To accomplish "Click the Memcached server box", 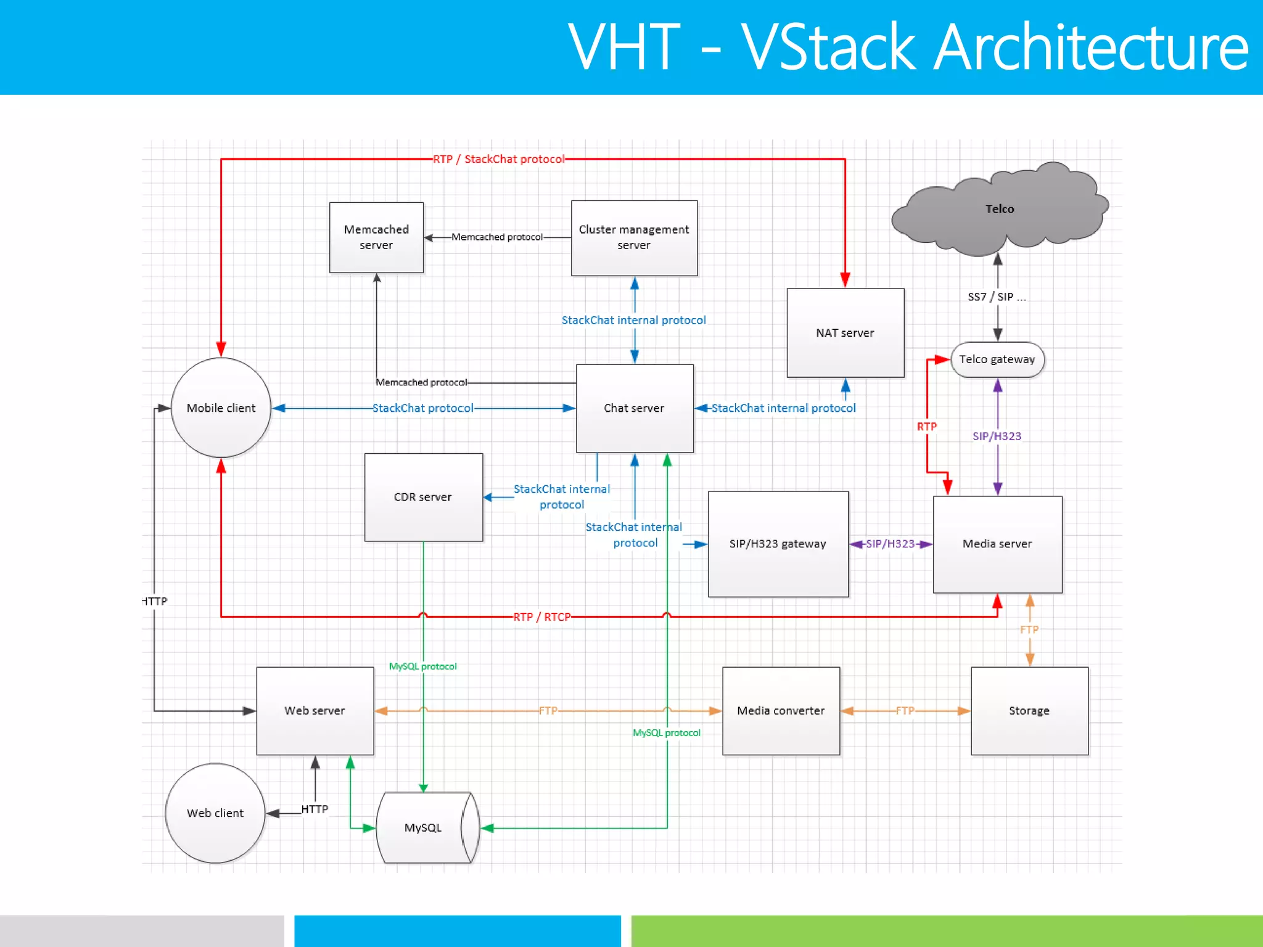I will point(376,237).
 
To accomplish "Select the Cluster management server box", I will point(634,237).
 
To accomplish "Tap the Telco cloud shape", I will point(999,209).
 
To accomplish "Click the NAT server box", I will point(845,333).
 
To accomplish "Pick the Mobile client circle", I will point(221,408).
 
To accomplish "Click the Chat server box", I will point(634,408).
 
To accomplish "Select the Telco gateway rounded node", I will point(997,359).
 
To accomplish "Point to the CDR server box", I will point(423,497).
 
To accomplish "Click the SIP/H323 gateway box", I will point(778,544).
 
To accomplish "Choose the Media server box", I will point(997,544).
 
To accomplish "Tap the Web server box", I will point(315,710).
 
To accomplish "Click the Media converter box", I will point(781,710).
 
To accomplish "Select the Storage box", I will point(1029,710).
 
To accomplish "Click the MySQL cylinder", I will point(424,827).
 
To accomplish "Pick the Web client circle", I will point(215,813).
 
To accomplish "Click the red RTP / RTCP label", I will point(541,617).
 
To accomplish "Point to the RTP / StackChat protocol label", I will point(498,159).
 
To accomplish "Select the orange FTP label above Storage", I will point(1029,629).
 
